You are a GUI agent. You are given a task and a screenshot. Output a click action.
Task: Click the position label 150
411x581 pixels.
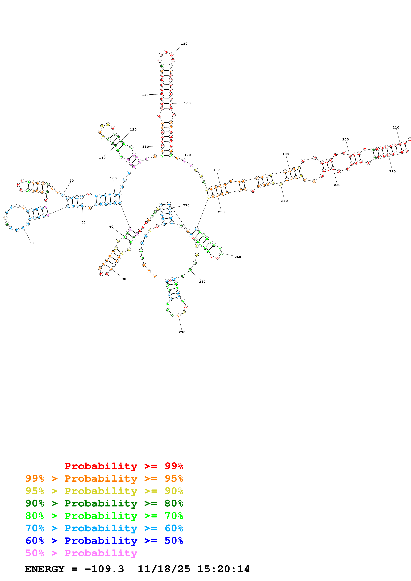(184, 44)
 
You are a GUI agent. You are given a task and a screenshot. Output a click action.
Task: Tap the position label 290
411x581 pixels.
(182, 332)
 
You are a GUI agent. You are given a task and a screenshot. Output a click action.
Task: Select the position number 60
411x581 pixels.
(31, 243)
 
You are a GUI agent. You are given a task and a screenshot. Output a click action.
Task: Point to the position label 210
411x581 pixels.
(396, 128)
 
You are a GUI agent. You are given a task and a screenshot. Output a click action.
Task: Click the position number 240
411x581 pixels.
(284, 201)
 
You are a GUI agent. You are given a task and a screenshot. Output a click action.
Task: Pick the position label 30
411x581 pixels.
(124, 279)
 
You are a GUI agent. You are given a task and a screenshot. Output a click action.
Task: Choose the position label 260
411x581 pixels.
(238, 257)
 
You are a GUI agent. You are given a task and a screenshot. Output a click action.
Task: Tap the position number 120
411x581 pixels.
(133, 130)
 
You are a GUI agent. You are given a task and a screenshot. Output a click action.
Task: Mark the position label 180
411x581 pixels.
(216, 170)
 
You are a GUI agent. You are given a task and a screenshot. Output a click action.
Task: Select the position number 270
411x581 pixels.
(186, 205)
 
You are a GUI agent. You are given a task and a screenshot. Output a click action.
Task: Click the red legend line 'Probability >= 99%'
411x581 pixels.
(124, 466)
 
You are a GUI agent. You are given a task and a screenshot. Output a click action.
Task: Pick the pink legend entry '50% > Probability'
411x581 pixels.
(81, 553)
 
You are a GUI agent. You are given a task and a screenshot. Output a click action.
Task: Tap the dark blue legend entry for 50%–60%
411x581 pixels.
(104, 541)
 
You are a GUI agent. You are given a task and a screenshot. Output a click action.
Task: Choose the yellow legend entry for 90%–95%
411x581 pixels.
(104, 491)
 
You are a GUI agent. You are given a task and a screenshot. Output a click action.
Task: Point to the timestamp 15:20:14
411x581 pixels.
(223, 569)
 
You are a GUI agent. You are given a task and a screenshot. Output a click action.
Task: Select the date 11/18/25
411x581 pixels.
(164, 569)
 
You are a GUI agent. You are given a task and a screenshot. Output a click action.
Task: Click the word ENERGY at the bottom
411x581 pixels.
(45, 569)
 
